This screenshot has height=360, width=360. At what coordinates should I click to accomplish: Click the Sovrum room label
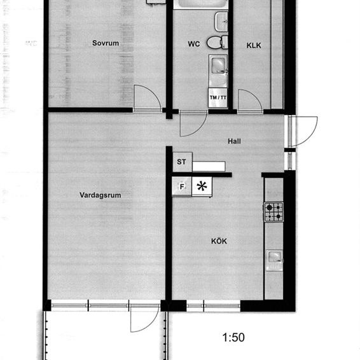tap(106, 43)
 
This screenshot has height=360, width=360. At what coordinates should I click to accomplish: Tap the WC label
tap(193, 45)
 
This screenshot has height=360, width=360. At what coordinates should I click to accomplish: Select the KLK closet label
tap(254, 45)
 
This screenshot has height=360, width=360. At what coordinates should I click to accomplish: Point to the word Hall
tap(234, 142)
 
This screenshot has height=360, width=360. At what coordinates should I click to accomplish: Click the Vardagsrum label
tap(100, 195)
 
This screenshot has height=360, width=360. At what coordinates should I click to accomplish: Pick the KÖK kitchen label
tap(219, 241)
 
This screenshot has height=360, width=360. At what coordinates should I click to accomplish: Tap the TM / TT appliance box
tap(218, 97)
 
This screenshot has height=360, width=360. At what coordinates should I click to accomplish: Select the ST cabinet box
tap(182, 162)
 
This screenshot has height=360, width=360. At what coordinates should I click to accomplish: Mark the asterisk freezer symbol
tap(202, 186)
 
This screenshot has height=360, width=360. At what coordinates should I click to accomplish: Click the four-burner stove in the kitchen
tap(273, 211)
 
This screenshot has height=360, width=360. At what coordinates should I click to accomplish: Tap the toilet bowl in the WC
tap(216, 43)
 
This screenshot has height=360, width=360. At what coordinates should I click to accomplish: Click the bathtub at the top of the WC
tap(201, 4)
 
